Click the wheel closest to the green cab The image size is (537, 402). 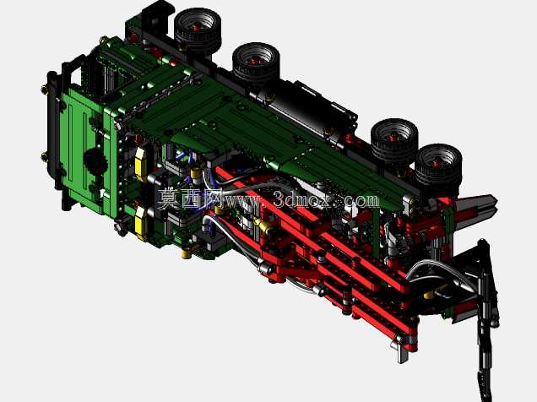(x=198, y=29)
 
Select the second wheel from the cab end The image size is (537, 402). (x=256, y=63)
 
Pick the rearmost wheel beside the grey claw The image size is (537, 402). (x=439, y=166)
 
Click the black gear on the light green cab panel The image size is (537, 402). (x=95, y=162)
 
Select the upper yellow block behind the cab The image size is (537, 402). (x=140, y=165)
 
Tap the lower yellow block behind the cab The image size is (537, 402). (x=141, y=223)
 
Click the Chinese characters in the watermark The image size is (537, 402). (x=187, y=198)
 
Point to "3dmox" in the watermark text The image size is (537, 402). (x=303, y=199)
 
